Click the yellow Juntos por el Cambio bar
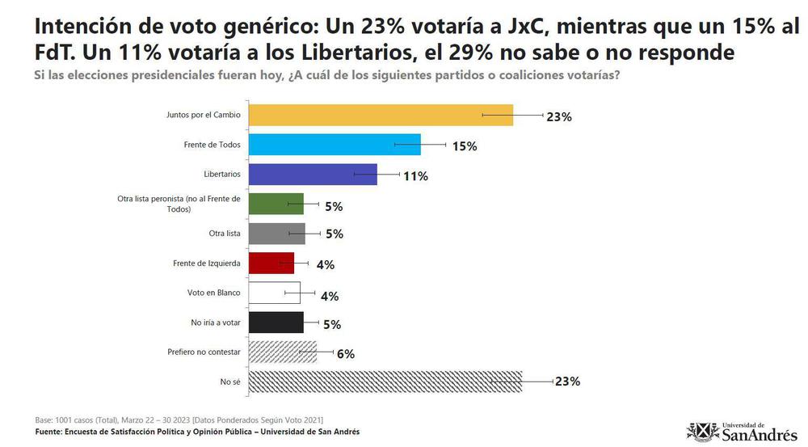[x=380, y=116]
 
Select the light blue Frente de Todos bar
[x=334, y=145]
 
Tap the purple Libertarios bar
[x=312, y=175]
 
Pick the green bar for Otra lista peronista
[x=276, y=205]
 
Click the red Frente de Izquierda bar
[x=271, y=264]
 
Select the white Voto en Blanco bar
[x=274, y=293]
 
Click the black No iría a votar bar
[x=276, y=323]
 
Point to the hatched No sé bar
[x=385, y=382]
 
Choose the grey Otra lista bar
[x=276, y=234]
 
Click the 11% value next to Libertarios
[x=415, y=175]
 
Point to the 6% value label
[x=346, y=353]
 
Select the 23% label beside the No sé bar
[x=567, y=382]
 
